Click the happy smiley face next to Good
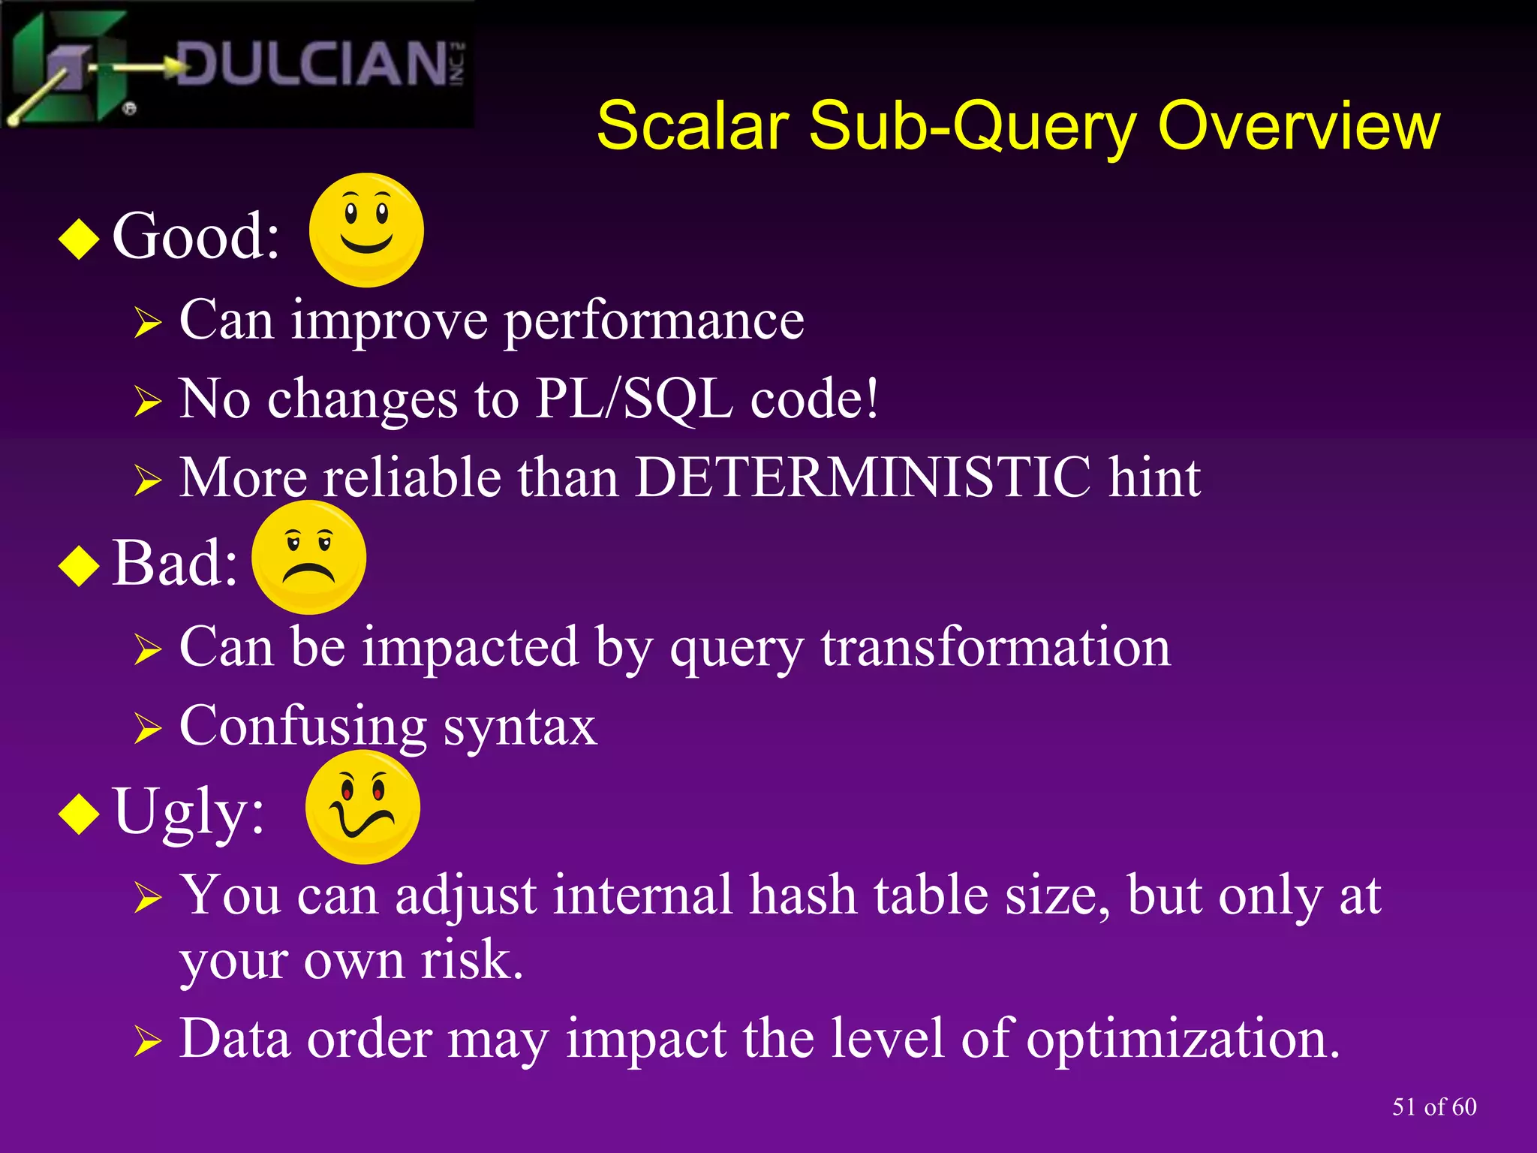(366, 230)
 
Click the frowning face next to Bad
(308, 557)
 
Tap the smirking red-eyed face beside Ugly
(362, 808)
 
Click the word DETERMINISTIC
(863, 477)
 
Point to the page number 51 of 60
(1433, 1106)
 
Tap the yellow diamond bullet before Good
(79, 239)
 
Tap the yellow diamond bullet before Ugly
(79, 814)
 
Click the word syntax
(519, 727)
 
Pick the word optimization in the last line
(1182, 1039)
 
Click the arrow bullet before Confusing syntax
(148, 728)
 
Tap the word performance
(654, 321)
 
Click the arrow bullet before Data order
(148, 1042)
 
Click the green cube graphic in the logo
(71, 68)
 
